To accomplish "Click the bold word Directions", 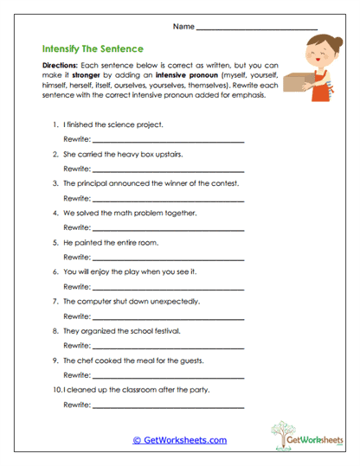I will click(x=59, y=66).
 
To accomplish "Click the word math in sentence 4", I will click(x=135, y=213).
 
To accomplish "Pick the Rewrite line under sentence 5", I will click(x=168, y=257).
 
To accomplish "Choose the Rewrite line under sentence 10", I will click(x=168, y=405).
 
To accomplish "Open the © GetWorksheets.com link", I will click(x=179, y=440).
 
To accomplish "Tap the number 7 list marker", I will click(x=55, y=302).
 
